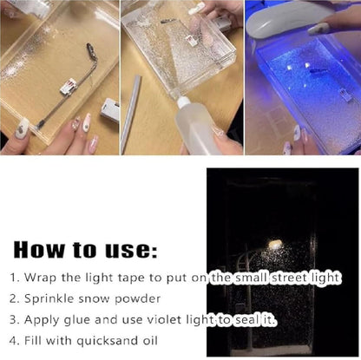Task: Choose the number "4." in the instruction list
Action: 14,341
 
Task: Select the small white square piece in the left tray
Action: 67,87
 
